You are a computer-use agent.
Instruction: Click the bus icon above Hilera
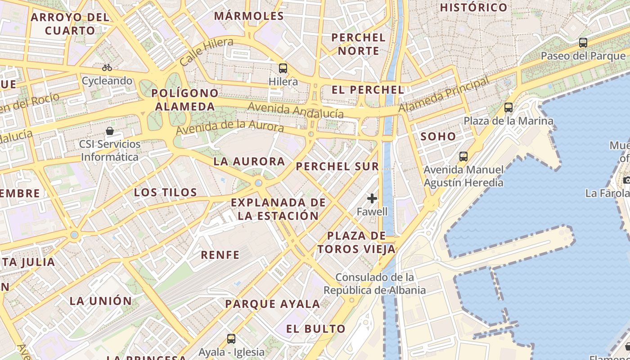point(283,68)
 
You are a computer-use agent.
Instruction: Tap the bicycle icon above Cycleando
point(107,67)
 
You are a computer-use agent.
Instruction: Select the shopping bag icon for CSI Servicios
point(110,131)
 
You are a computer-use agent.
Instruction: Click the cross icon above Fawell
point(372,198)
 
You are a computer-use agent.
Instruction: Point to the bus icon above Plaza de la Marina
point(508,108)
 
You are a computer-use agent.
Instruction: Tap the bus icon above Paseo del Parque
point(583,43)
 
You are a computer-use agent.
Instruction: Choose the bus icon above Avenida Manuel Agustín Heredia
point(463,157)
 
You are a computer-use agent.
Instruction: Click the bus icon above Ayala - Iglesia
point(231,338)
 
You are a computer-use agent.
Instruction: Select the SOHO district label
point(438,136)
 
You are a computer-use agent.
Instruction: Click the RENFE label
point(220,255)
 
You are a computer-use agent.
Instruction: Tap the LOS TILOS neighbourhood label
point(166,193)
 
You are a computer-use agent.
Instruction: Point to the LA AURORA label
point(249,162)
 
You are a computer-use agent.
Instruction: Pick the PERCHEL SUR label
point(337,166)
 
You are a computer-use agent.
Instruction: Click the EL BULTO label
point(316,328)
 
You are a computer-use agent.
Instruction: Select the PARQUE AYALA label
point(273,304)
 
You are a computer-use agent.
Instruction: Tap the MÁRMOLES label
point(249,16)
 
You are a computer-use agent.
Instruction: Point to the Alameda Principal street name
point(444,95)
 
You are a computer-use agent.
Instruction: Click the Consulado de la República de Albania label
point(375,283)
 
